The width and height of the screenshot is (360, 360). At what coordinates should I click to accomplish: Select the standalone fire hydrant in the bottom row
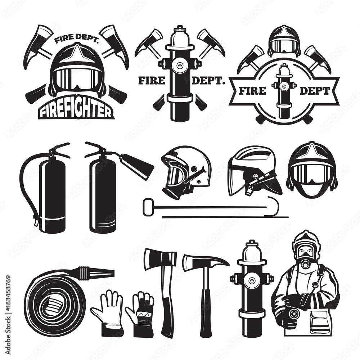(252, 288)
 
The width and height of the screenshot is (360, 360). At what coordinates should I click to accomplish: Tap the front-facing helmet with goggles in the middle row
(311, 169)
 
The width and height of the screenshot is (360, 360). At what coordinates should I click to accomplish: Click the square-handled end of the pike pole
(147, 208)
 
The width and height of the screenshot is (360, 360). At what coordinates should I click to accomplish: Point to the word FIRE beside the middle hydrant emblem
(151, 81)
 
